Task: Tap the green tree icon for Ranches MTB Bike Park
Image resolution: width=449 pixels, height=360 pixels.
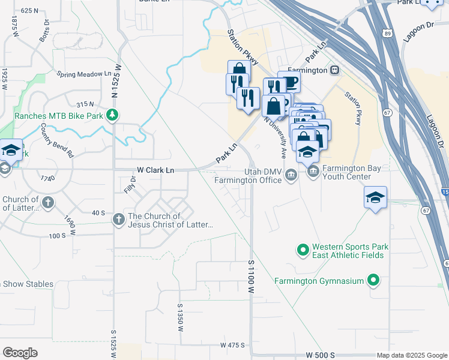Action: (111, 115)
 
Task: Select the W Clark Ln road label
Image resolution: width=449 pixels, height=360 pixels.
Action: (155, 170)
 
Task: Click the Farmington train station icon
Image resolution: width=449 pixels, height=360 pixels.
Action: (335, 70)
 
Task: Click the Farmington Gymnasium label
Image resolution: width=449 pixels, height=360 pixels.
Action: (319, 280)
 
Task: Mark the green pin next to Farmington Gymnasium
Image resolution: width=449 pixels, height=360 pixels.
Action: (373, 280)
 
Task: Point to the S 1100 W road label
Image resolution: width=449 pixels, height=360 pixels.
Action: (251, 277)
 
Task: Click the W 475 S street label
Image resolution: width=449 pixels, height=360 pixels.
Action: (233, 345)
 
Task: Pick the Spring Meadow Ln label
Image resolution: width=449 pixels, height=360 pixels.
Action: (84, 74)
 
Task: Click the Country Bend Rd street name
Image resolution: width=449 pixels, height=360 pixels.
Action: (56, 140)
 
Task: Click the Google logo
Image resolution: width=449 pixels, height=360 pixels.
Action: (20, 353)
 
